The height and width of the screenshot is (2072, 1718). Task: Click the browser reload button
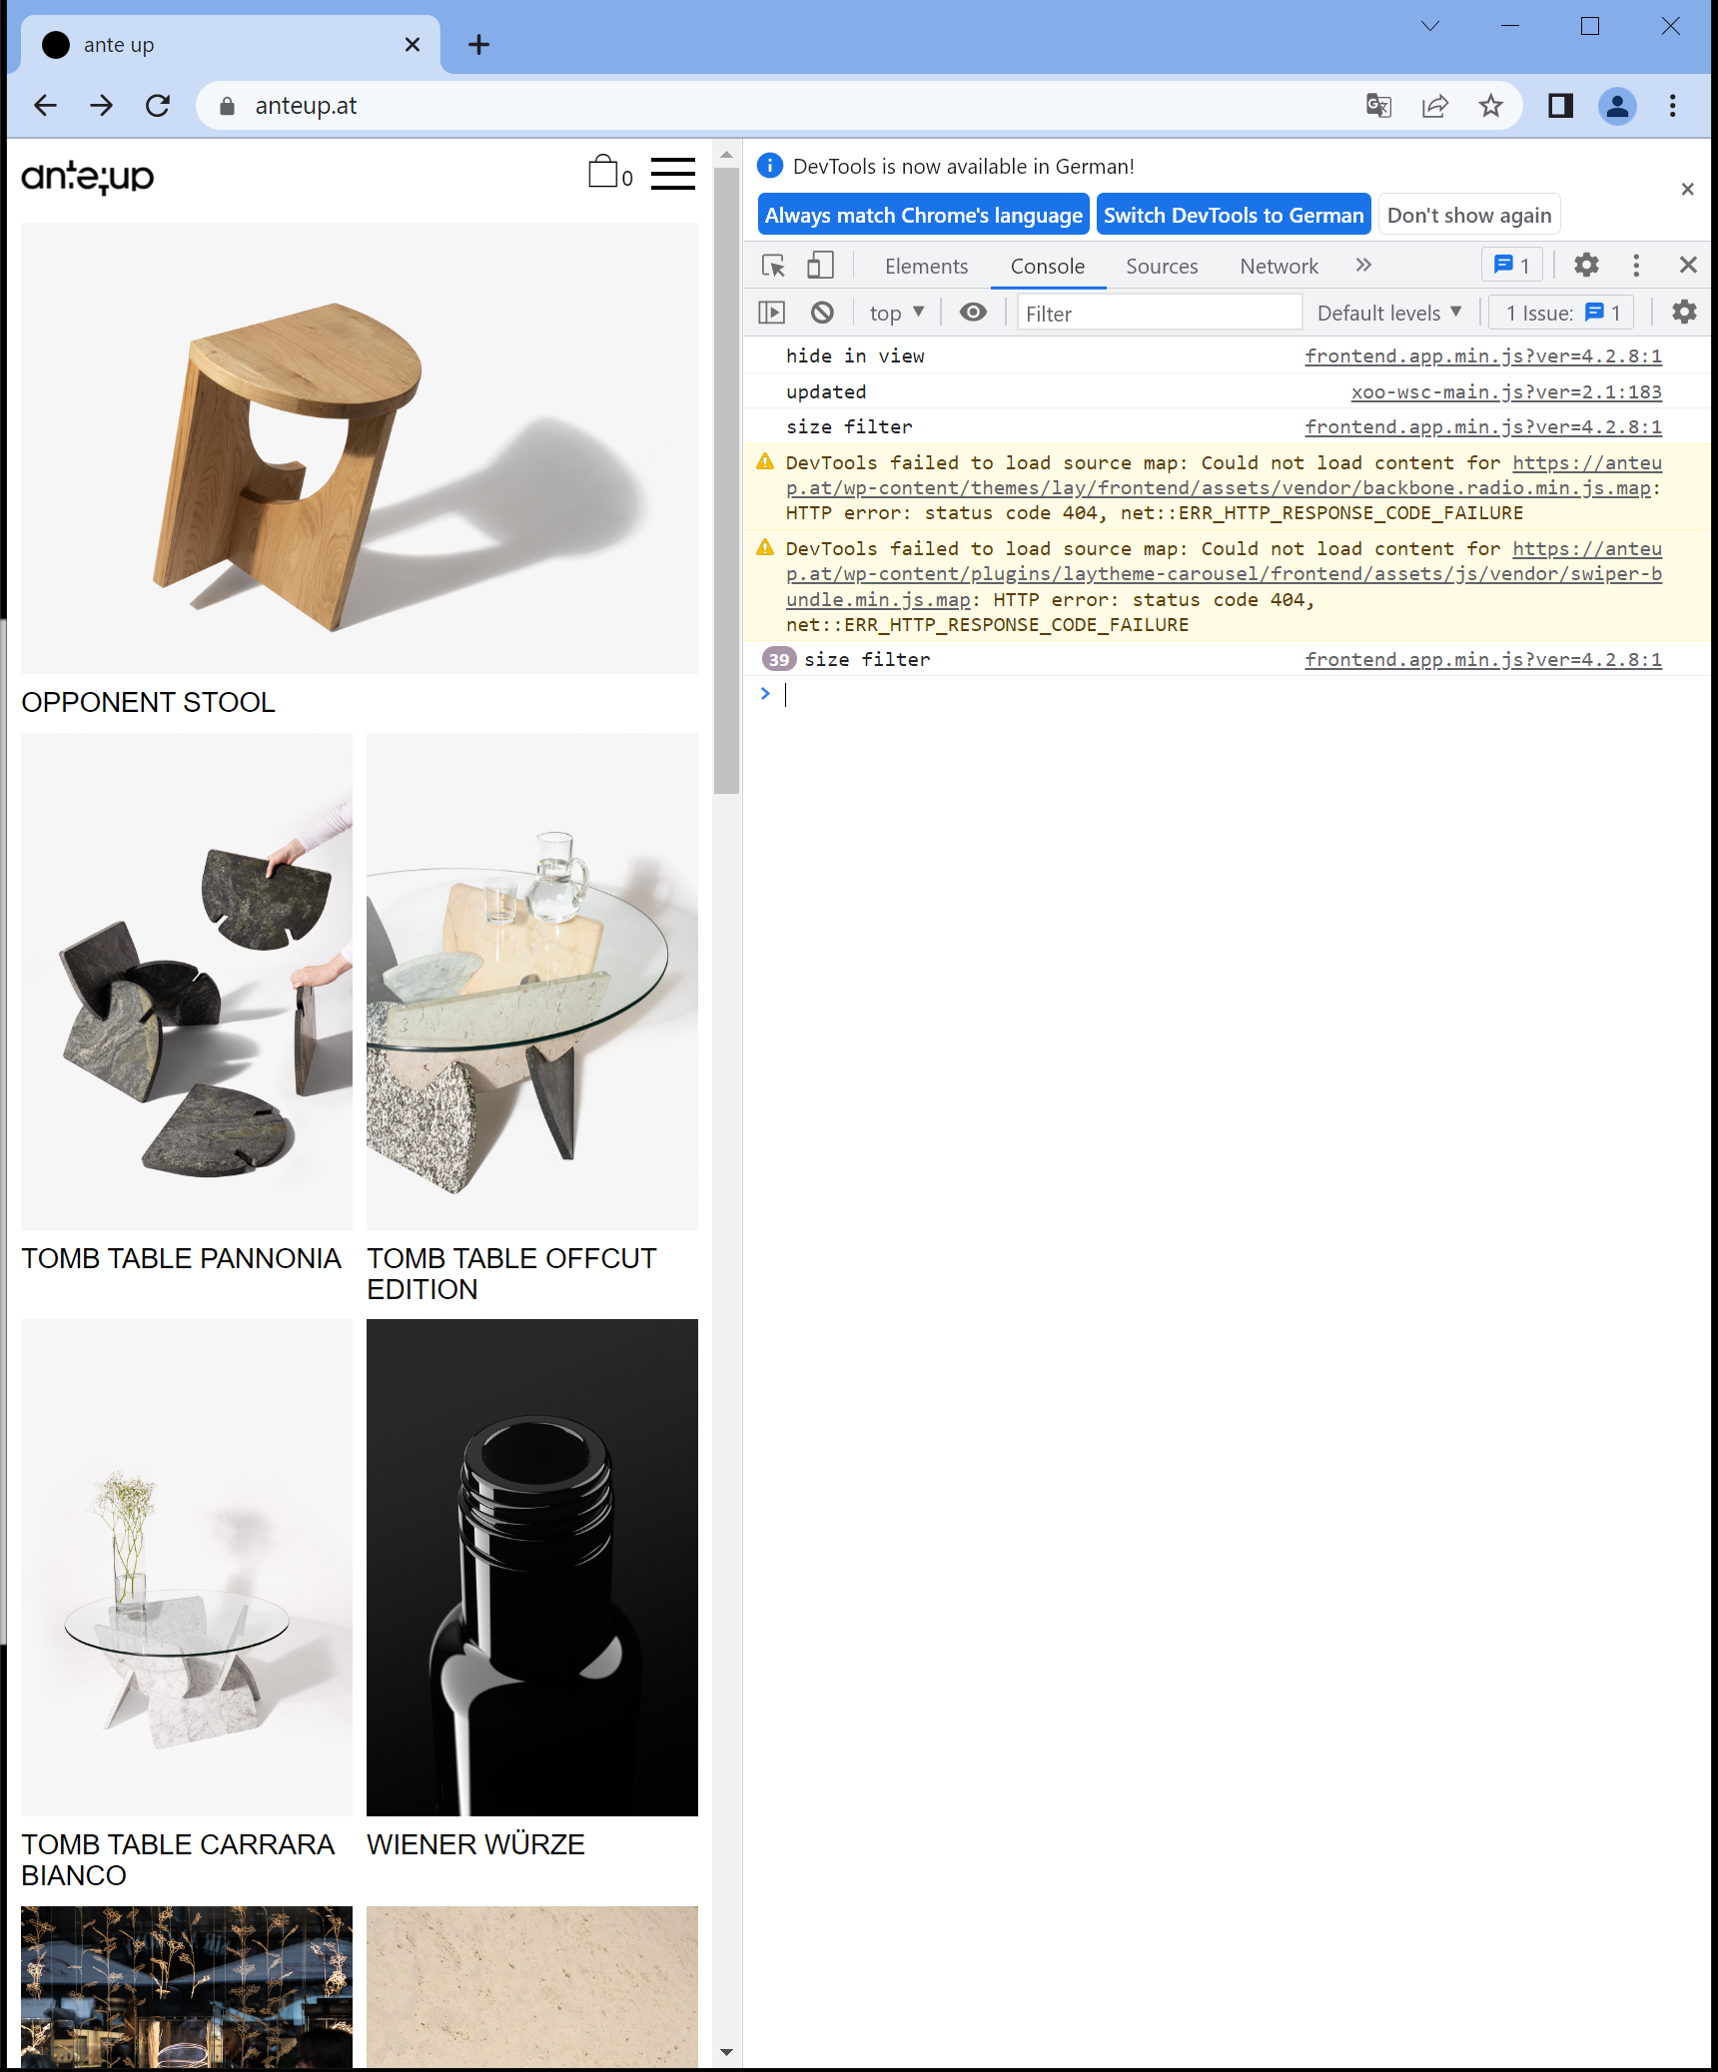click(x=158, y=105)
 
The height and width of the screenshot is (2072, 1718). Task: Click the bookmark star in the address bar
click(x=1490, y=105)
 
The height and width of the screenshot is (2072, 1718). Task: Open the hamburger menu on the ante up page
click(x=672, y=174)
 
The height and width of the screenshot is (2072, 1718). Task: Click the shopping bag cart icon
click(x=603, y=172)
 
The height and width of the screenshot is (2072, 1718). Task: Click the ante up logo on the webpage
click(x=88, y=177)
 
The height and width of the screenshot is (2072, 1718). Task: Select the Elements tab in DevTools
click(x=926, y=266)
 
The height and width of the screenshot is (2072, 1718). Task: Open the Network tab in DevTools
click(x=1279, y=266)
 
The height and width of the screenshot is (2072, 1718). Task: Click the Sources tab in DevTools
click(x=1162, y=266)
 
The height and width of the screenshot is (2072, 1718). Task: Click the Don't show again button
click(x=1468, y=215)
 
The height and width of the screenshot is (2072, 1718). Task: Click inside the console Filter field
click(x=1159, y=313)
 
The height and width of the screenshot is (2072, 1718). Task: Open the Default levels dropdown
click(x=1388, y=313)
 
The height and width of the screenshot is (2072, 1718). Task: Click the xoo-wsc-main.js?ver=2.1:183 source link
click(x=1505, y=391)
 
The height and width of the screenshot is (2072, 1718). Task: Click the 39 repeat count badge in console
click(x=779, y=659)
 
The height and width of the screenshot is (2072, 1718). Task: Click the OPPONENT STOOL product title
click(x=148, y=702)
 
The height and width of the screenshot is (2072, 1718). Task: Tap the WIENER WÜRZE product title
click(x=475, y=1844)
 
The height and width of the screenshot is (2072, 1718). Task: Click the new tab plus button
click(x=478, y=44)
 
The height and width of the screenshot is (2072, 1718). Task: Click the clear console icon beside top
click(x=822, y=313)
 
